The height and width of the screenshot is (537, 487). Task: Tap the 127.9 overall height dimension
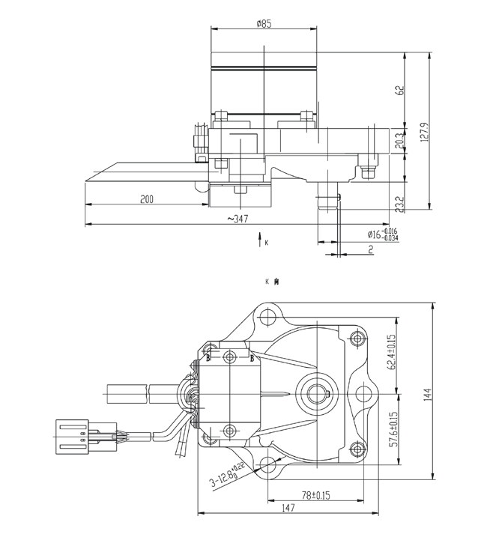424,132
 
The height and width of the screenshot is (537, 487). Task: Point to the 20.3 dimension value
399,139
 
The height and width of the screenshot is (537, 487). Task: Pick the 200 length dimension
147,198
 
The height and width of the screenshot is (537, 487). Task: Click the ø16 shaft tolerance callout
381,234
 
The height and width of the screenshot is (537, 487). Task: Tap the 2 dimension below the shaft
371,249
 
